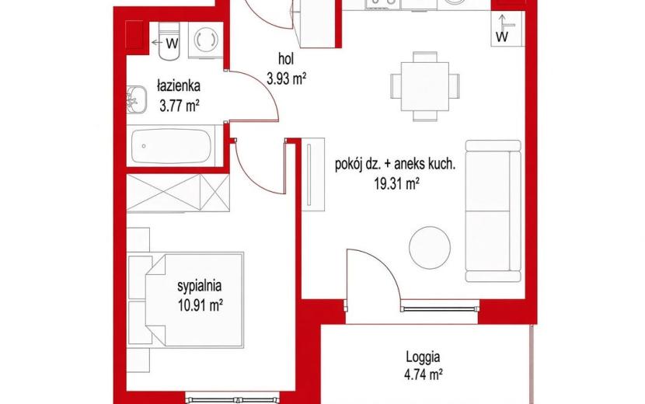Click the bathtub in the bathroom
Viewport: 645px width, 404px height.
171,146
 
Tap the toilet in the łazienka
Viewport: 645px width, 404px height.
169,41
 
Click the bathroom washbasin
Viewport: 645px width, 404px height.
137,99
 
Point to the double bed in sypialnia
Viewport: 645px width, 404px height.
194,299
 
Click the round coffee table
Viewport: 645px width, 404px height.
430,247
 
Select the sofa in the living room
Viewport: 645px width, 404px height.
493,211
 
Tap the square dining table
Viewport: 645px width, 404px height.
425,86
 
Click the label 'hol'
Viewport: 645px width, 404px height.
286,59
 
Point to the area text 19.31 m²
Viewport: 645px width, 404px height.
396,184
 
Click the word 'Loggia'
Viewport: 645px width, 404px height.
423,357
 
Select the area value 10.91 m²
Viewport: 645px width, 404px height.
200,305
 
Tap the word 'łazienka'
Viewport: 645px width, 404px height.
179,86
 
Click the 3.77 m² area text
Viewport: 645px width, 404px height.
180,106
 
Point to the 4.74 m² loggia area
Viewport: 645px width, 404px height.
423,375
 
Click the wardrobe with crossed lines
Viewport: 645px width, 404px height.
178,193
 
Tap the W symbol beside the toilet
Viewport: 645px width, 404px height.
173,43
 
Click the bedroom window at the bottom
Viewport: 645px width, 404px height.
232,399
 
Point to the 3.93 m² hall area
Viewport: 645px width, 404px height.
286,78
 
